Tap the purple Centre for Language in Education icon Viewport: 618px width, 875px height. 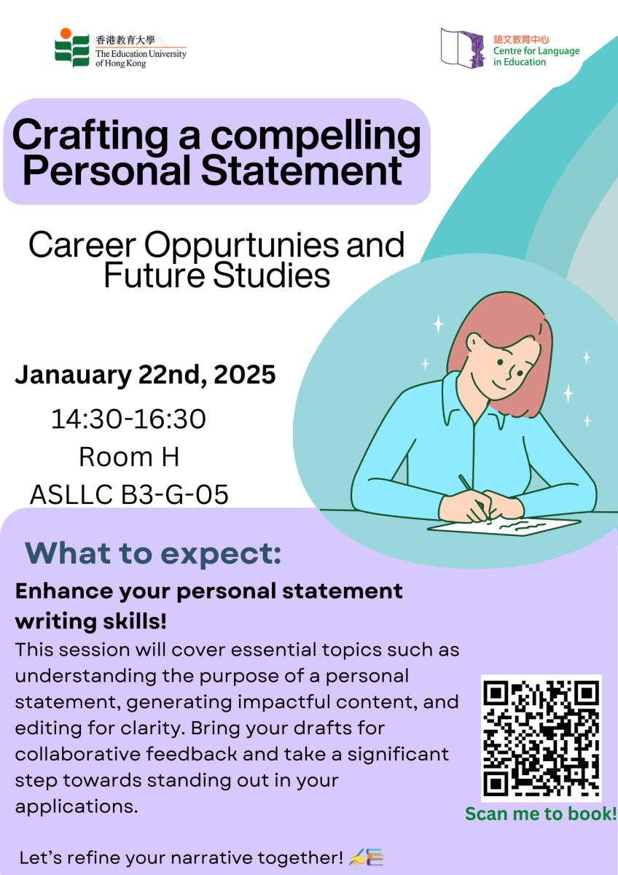(x=463, y=48)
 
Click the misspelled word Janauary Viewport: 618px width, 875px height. (x=76, y=375)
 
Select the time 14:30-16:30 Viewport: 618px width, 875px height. (x=128, y=419)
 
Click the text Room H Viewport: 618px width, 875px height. (x=128, y=457)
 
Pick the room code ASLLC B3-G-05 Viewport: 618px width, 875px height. (x=129, y=495)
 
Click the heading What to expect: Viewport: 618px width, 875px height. (x=153, y=553)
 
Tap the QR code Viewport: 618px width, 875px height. (x=541, y=737)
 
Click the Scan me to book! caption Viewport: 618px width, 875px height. (x=541, y=813)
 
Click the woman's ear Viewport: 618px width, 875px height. (x=474, y=343)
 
